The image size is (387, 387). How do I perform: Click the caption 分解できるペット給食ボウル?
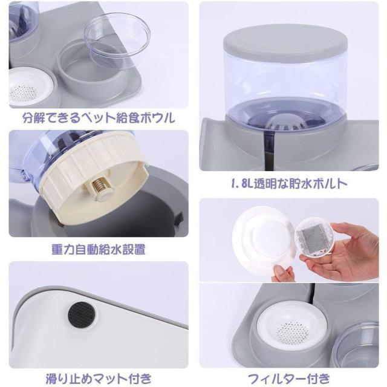click(x=99, y=118)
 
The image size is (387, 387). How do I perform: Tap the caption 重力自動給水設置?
click(x=99, y=249)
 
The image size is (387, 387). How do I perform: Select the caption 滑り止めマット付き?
click(x=99, y=379)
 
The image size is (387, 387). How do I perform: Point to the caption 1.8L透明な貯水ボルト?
click(x=289, y=183)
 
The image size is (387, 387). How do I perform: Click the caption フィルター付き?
click(x=289, y=379)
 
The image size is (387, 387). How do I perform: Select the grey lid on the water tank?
click(x=285, y=41)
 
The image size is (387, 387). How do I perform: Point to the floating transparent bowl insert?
click(x=117, y=39)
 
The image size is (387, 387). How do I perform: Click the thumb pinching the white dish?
click(x=279, y=273)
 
